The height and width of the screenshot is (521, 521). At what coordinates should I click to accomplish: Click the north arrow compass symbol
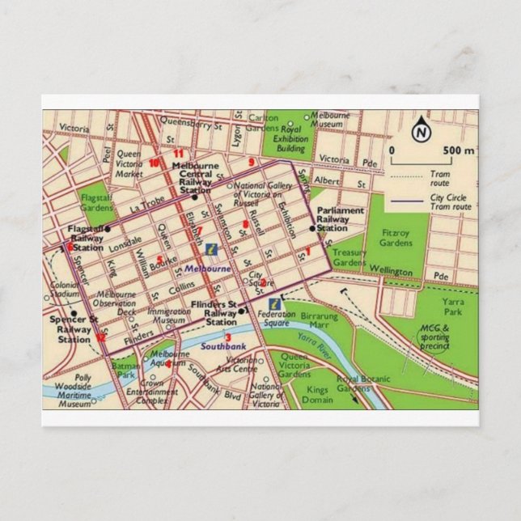click(x=421, y=131)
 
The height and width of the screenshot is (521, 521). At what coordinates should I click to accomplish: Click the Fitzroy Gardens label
click(x=397, y=237)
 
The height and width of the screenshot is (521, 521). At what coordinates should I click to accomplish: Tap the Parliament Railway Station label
click(x=340, y=219)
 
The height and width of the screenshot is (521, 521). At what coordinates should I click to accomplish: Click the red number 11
click(x=178, y=154)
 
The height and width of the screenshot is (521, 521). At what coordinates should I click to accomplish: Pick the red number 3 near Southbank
click(x=228, y=337)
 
